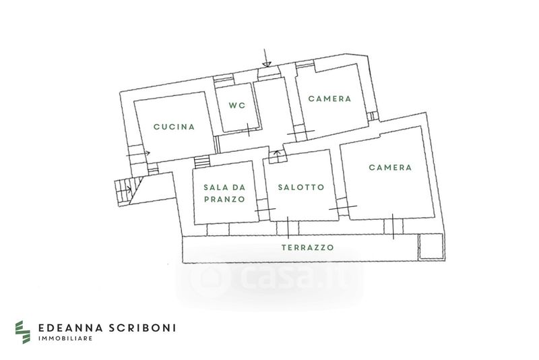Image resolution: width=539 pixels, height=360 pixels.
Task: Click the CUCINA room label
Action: (174, 127)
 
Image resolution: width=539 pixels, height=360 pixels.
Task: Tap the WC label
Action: (236, 105)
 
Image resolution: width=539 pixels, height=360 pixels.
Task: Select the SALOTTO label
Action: (301, 187)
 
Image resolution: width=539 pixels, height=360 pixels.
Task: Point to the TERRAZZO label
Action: (307, 247)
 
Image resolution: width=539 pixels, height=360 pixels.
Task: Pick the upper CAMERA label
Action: (329, 98)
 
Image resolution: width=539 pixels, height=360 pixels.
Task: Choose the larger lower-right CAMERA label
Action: (390, 168)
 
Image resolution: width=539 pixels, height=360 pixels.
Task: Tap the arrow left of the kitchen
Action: (138, 154)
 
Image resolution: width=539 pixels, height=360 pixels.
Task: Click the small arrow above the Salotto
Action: (276, 157)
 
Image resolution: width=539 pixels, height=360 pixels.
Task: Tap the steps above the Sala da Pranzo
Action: (201, 162)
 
